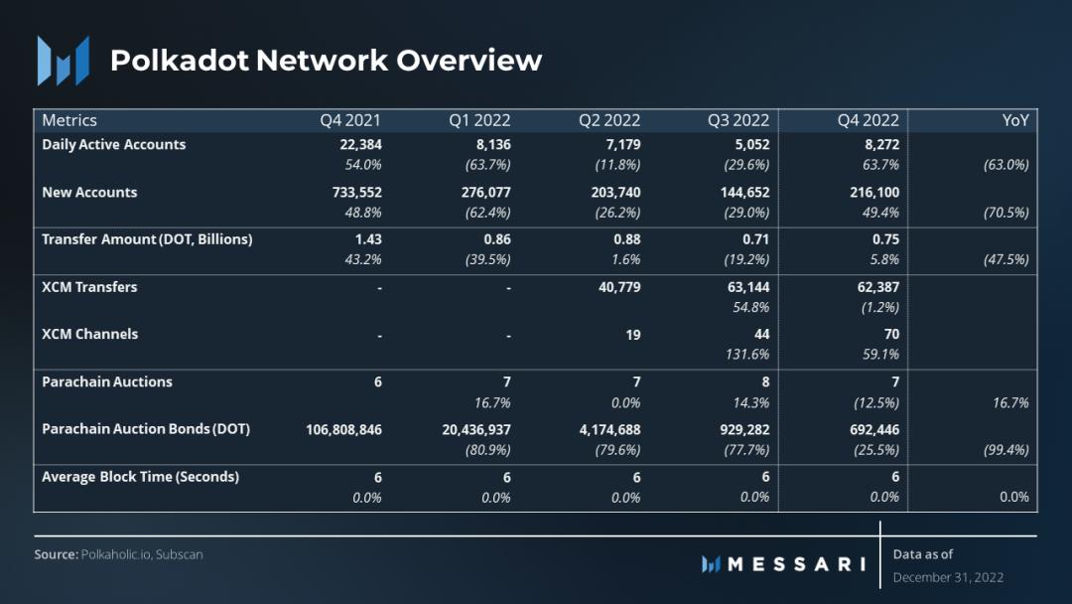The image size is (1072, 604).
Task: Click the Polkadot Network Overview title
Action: (326, 60)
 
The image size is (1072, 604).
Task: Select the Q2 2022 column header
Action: (609, 120)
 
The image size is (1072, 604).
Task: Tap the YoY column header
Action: (1015, 120)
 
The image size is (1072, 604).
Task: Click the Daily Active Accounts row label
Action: (113, 144)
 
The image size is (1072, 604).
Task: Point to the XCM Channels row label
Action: (89, 334)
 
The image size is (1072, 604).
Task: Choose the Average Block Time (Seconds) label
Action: (140, 477)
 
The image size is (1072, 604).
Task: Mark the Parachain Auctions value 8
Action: (764, 381)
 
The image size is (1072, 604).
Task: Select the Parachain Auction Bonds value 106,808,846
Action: (343, 429)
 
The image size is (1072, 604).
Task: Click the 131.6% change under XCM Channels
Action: (748, 354)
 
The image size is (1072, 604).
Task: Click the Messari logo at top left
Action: (63, 60)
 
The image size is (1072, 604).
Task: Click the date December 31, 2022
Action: (948, 577)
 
